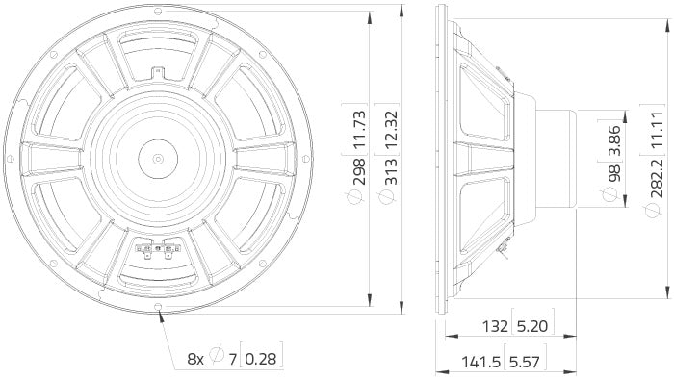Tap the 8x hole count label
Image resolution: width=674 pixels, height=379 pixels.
pos(195,359)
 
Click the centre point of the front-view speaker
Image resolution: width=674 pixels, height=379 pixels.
pos(158,158)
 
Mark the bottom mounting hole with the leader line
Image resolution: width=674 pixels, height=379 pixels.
pos(158,309)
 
